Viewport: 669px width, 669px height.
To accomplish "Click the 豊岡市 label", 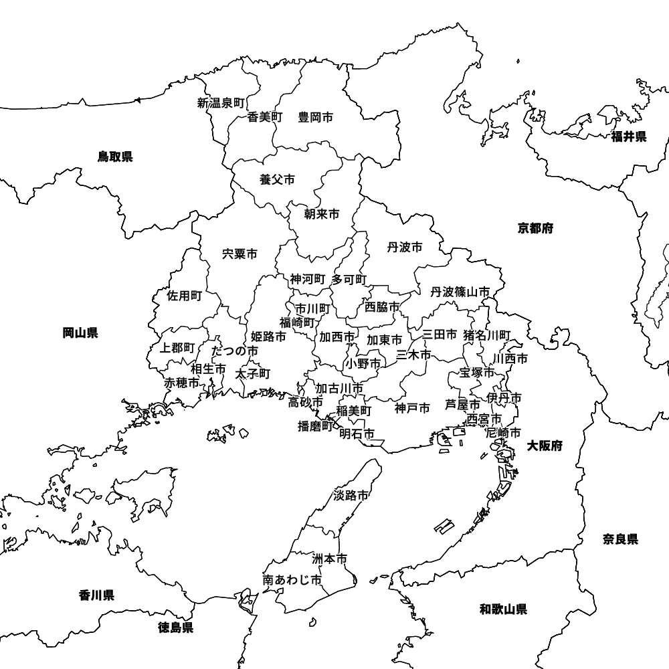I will (x=315, y=117).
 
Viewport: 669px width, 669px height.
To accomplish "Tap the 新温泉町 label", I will (x=221, y=103).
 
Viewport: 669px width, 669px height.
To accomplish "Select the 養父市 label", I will (x=277, y=179).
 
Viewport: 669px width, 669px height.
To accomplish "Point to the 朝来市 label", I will (x=321, y=214).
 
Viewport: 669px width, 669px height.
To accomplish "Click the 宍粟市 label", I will (x=240, y=254).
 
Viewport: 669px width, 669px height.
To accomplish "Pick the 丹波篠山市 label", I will (x=460, y=292).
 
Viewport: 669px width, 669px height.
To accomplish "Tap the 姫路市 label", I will (x=268, y=337).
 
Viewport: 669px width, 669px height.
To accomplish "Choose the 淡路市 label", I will (x=351, y=496).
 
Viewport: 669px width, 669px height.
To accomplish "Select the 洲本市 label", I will (x=330, y=559).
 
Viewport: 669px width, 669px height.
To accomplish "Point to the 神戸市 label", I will (x=412, y=407).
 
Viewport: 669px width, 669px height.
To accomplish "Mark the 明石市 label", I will (x=357, y=434).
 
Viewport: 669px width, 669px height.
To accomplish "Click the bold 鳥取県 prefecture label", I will (x=115, y=157).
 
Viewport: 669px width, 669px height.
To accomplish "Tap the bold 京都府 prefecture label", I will (x=535, y=228).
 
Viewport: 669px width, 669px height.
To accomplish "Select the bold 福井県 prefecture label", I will (x=629, y=137).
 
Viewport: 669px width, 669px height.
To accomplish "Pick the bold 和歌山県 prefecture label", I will (x=503, y=609).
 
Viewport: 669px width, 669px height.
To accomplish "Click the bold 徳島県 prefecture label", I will (x=176, y=628).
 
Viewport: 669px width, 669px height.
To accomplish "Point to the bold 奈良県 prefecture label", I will (x=620, y=539).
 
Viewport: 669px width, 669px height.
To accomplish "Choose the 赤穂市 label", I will (x=182, y=383).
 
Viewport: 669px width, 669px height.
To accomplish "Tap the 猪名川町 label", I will (x=487, y=334).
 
